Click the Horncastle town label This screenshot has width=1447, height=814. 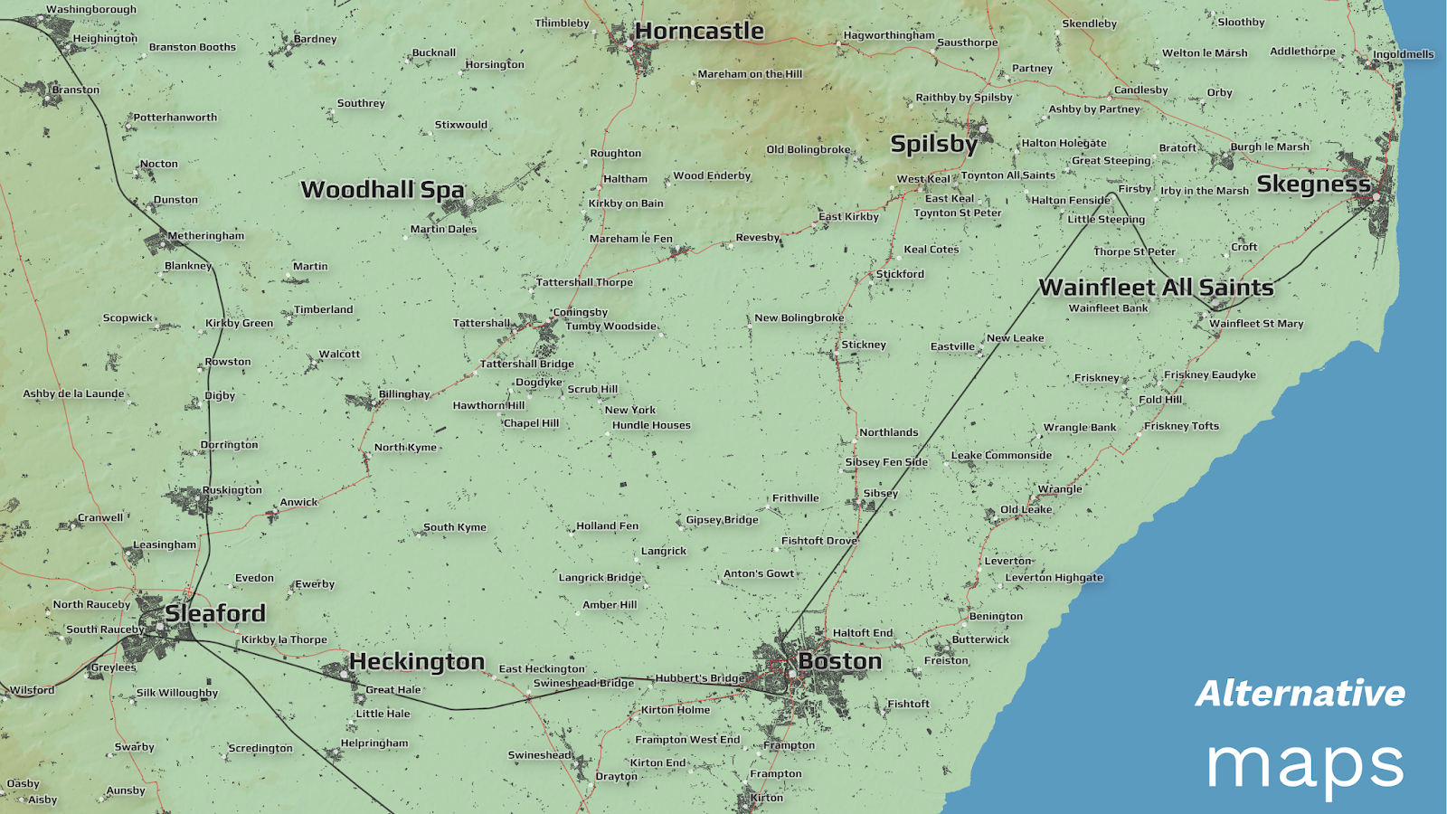pos(699,32)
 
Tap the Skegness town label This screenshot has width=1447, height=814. pos(1313,185)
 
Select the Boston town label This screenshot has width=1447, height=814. pos(839,661)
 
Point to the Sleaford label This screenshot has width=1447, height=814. pos(215,613)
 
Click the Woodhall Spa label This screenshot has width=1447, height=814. pos(383,190)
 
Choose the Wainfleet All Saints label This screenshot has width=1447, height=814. pos(1156,288)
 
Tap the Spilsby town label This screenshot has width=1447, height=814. pos(933,144)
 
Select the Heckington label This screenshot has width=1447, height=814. pos(417,662)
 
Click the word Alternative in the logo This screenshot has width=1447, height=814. pos(1300,694)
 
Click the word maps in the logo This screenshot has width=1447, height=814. pos(1305,764)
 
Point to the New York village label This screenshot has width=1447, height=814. pos(630,410)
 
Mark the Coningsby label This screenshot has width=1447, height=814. pos(581,312)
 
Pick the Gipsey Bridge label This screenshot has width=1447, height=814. pos(722,520)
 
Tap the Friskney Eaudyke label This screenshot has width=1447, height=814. pos(1209,374)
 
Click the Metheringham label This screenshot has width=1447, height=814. pos(205,236)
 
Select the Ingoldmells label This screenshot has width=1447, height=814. pos(1403,54)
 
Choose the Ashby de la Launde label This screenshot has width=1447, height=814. pos(73,393)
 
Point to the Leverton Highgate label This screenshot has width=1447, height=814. pos(1054,578)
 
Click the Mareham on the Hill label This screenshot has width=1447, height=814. pos(750,74)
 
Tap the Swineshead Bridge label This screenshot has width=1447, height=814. pos(583,683)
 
